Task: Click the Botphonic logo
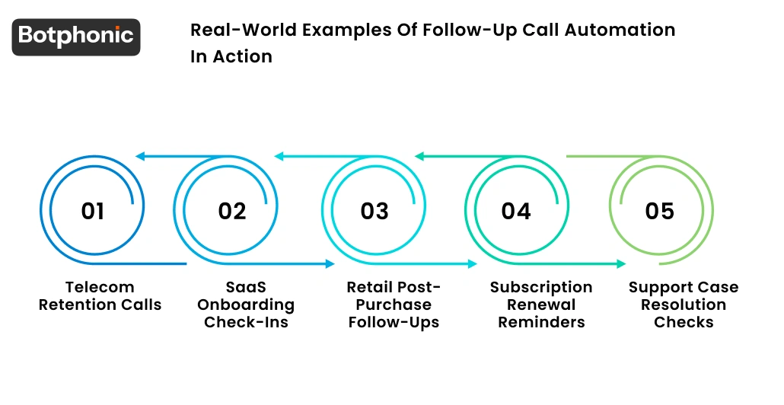click(x=76, y=37)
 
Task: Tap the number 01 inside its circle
click(x=92, y=211)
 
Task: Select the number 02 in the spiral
click(x=232, y=211)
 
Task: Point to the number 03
click(x=374, y=211)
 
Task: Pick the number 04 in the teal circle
click(x=515, y=211)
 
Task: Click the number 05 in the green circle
click(x=659, y=211)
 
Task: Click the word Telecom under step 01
click(x=100, y=288)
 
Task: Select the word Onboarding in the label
click(x=246, y=305)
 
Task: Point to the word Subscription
click(x=541, y=288)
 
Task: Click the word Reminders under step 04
click(x=541, y=323)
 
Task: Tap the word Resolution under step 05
click(x=683, y=305)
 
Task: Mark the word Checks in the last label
click(x=683, y=323)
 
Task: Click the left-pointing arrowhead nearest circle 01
click(x=139, y=157)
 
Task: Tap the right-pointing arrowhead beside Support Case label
click(x=621, y=264)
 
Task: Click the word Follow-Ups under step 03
click(x=394, y=323)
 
